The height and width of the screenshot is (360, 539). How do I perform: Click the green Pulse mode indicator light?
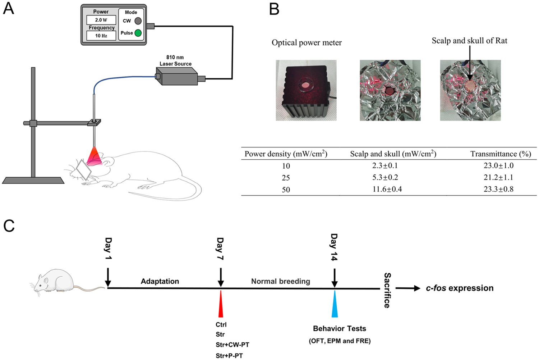[138, 33]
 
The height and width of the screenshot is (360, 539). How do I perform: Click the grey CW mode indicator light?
[138, 21]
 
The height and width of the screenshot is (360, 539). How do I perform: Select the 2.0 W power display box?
[101, 20]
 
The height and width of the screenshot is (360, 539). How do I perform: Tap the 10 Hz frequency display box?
[101, 36]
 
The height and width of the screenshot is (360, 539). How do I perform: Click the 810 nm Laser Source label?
[175, 60]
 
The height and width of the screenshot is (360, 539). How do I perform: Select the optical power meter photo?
[306, 90]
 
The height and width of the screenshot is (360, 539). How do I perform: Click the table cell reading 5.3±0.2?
[385, 177]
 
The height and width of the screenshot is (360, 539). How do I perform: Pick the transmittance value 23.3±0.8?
[498, 189]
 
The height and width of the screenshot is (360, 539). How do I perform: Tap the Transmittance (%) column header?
[501, 154]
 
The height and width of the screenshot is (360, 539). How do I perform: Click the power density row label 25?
[286, 178]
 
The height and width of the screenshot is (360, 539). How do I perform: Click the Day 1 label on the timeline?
[108, 248]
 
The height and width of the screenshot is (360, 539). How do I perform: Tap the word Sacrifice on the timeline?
[387, 290]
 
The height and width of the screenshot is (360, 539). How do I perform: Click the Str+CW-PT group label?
[232, 345]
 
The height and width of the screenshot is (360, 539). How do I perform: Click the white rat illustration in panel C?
[54, 281]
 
